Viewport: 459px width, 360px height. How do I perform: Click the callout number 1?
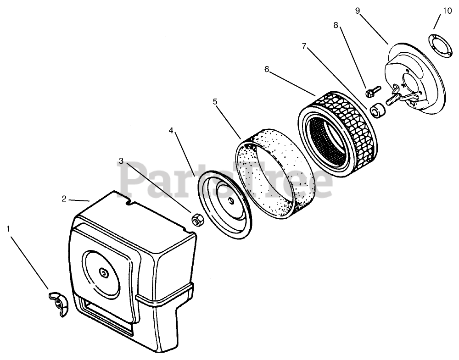(8, 228)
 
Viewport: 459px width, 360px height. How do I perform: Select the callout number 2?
(64, 199)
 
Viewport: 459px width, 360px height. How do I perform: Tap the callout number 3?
(121, 161)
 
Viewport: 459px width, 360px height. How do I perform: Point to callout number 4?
(171, 130)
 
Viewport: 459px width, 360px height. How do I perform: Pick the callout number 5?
(215, 101)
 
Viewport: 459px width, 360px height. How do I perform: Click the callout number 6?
(267, 69)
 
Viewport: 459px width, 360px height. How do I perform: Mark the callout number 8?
(336, 26)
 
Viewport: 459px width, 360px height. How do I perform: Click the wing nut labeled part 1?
(58, 302)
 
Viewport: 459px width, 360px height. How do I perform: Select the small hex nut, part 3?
(197, 221)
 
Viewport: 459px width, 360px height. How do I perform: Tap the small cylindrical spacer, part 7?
(378, 111)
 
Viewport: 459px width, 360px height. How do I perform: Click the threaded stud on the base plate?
(393, 99)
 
